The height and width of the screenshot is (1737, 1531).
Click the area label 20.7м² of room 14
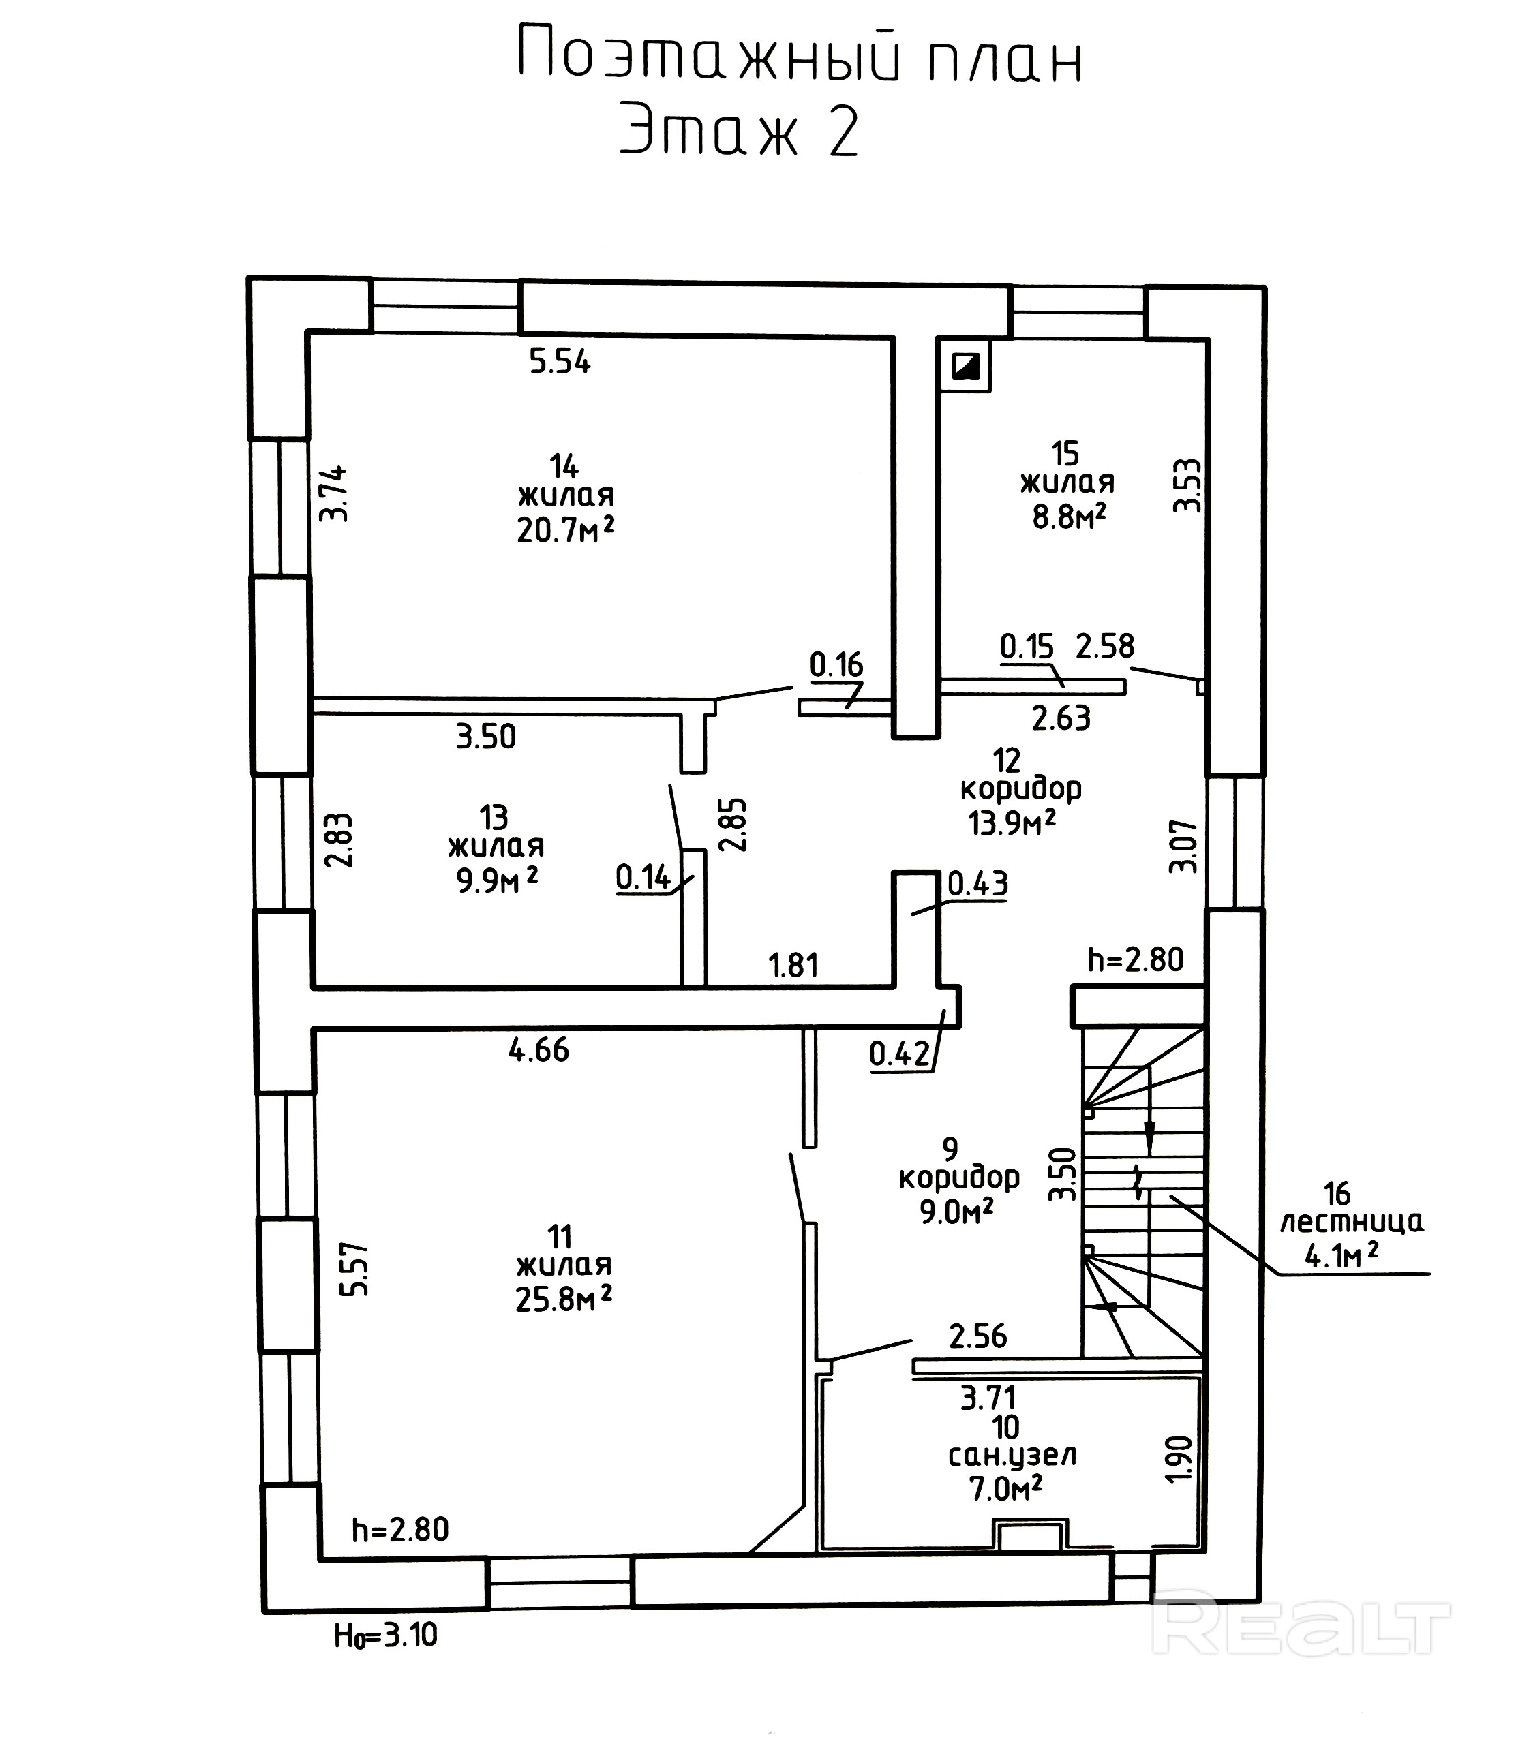[565, 530]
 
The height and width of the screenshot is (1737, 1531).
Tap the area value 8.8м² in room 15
[1069, 516]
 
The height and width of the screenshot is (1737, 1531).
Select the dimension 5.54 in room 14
[560, 362]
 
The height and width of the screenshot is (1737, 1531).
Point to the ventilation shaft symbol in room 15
[967, 366]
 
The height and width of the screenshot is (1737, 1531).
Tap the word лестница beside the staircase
[1351, 1222]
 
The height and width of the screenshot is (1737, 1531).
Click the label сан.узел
[1012, 1456]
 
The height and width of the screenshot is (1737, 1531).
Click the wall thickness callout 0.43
[977, 884]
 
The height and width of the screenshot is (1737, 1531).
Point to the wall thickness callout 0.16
[836, 664]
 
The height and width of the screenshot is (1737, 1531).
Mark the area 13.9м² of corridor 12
[1012, 822]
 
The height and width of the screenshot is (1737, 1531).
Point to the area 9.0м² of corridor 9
[956, 1211]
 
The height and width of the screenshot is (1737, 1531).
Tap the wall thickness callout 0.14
[643, 876]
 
